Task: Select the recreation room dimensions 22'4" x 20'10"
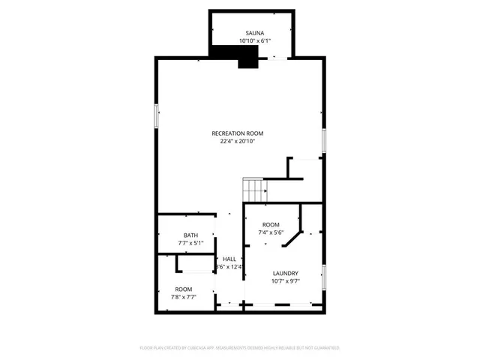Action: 238,141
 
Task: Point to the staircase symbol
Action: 254,190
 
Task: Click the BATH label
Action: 181,235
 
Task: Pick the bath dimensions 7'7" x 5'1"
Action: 181,244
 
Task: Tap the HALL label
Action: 229,259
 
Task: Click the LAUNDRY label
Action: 286,273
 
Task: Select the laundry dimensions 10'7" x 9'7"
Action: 286,281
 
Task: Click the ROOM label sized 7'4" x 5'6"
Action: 271,225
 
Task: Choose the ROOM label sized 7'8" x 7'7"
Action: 184,289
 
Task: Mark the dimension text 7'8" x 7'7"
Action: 184,297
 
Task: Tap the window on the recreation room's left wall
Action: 157,116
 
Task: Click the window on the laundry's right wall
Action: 323,277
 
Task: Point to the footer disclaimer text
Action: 240,348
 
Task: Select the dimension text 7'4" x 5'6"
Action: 271,233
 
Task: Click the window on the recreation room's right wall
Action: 323,140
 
